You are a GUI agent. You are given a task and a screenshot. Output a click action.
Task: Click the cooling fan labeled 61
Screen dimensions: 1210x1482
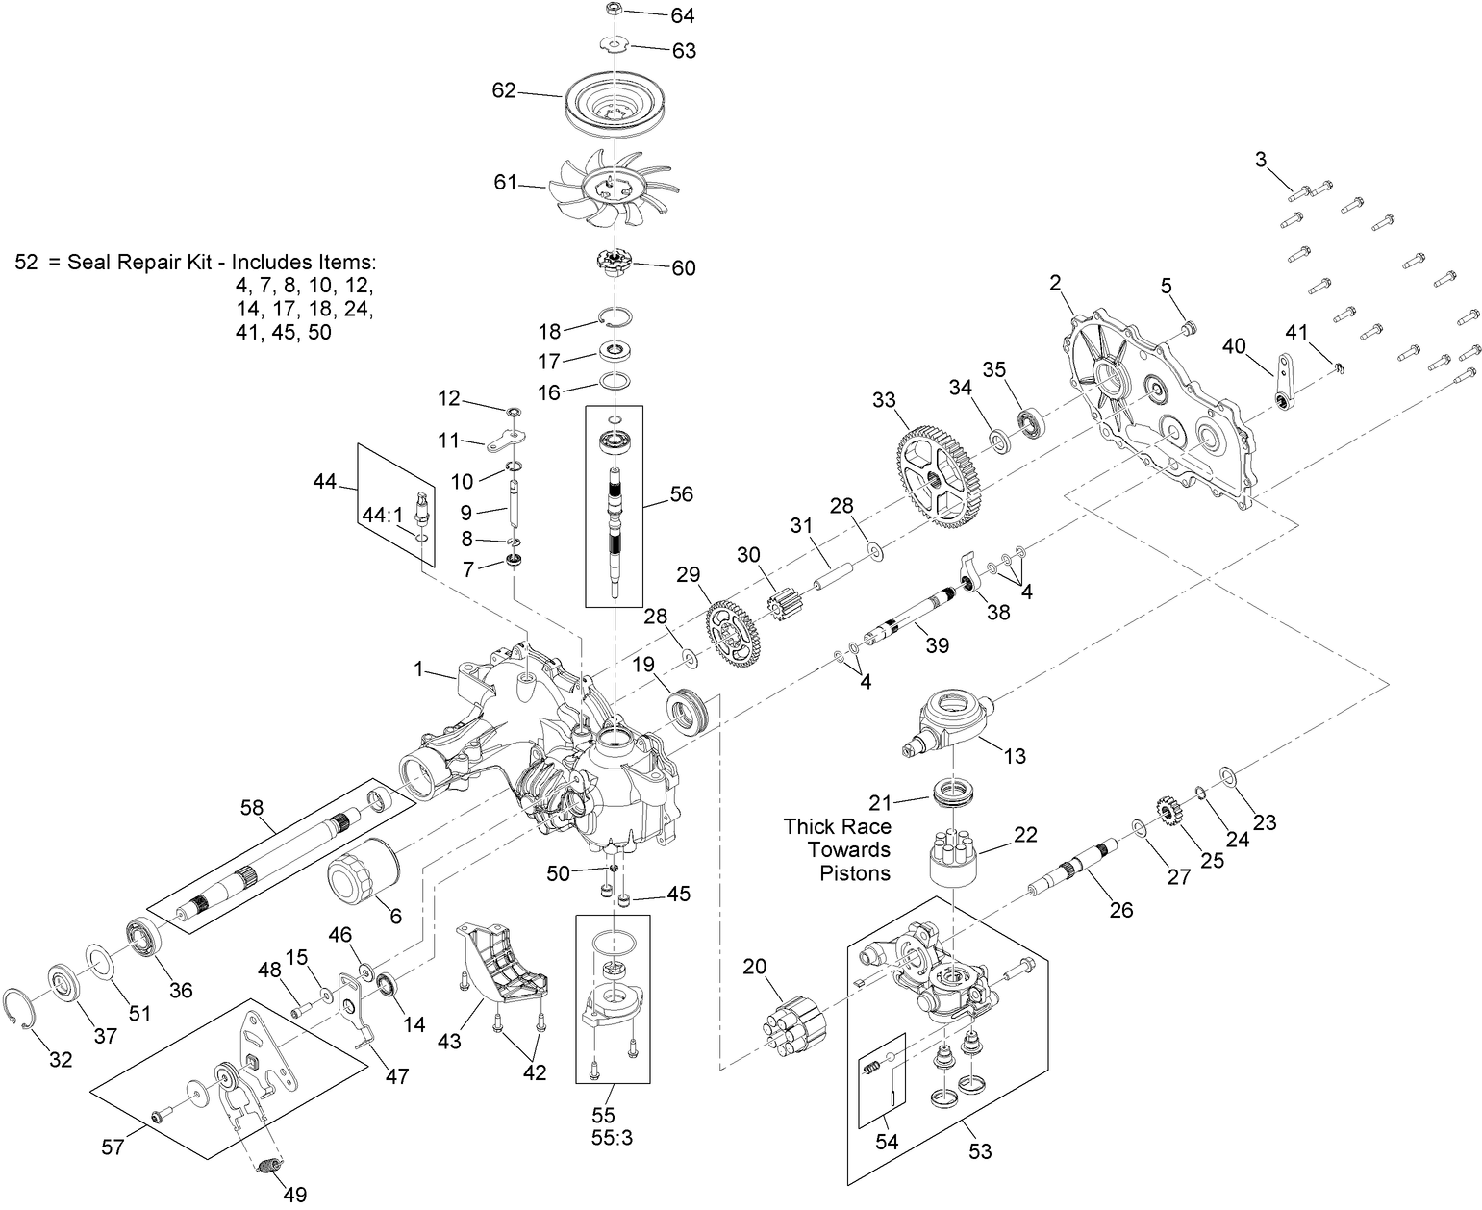pos(614,189)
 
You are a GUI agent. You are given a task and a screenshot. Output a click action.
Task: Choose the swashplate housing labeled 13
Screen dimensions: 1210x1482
pos(951,719)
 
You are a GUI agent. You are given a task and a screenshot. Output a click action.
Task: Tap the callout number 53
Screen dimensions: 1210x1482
pos(980,1150)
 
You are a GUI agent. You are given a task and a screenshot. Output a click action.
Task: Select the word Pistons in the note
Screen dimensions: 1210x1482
pos(854,873)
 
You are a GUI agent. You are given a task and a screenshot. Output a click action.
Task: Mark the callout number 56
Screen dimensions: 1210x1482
pos(681,494)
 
